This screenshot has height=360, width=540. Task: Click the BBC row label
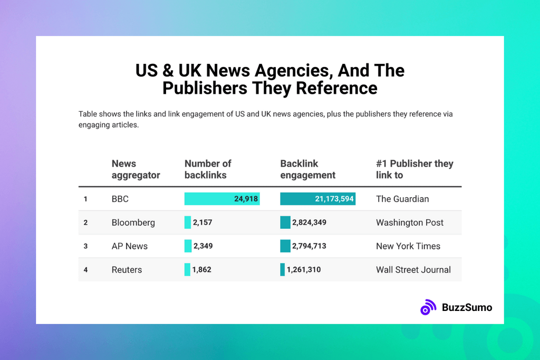[x=120, y=199]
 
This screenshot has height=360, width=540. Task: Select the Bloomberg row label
[x=133, y=222]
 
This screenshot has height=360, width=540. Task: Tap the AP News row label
[x=129, y=246]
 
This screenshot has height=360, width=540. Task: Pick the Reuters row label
[x=127, y=270]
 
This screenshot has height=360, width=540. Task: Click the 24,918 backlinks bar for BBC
[x=221, y=199]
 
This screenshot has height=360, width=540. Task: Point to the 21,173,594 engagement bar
[x=317, y=199]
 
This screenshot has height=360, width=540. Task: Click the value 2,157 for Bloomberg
[x=202, y=222]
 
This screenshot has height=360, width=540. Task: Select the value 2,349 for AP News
[x=202, y=246]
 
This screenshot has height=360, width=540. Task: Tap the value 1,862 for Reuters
[x=201, y=270]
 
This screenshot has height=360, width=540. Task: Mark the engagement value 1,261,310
[x=304, y=270]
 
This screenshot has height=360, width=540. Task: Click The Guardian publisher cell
[x=402, y=199]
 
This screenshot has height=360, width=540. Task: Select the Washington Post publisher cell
[x=410, y=222]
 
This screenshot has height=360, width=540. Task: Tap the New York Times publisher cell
[x=408, y=246]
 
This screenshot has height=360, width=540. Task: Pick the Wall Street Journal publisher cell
[x=413, y=270]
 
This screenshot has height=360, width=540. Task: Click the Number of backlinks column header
[x=208, y=169]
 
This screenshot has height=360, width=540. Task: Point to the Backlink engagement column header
[x=308, y=169]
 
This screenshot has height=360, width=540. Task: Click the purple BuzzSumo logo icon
[x=428, y=307]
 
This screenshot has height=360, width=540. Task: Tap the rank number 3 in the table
[x=85, y=246]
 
